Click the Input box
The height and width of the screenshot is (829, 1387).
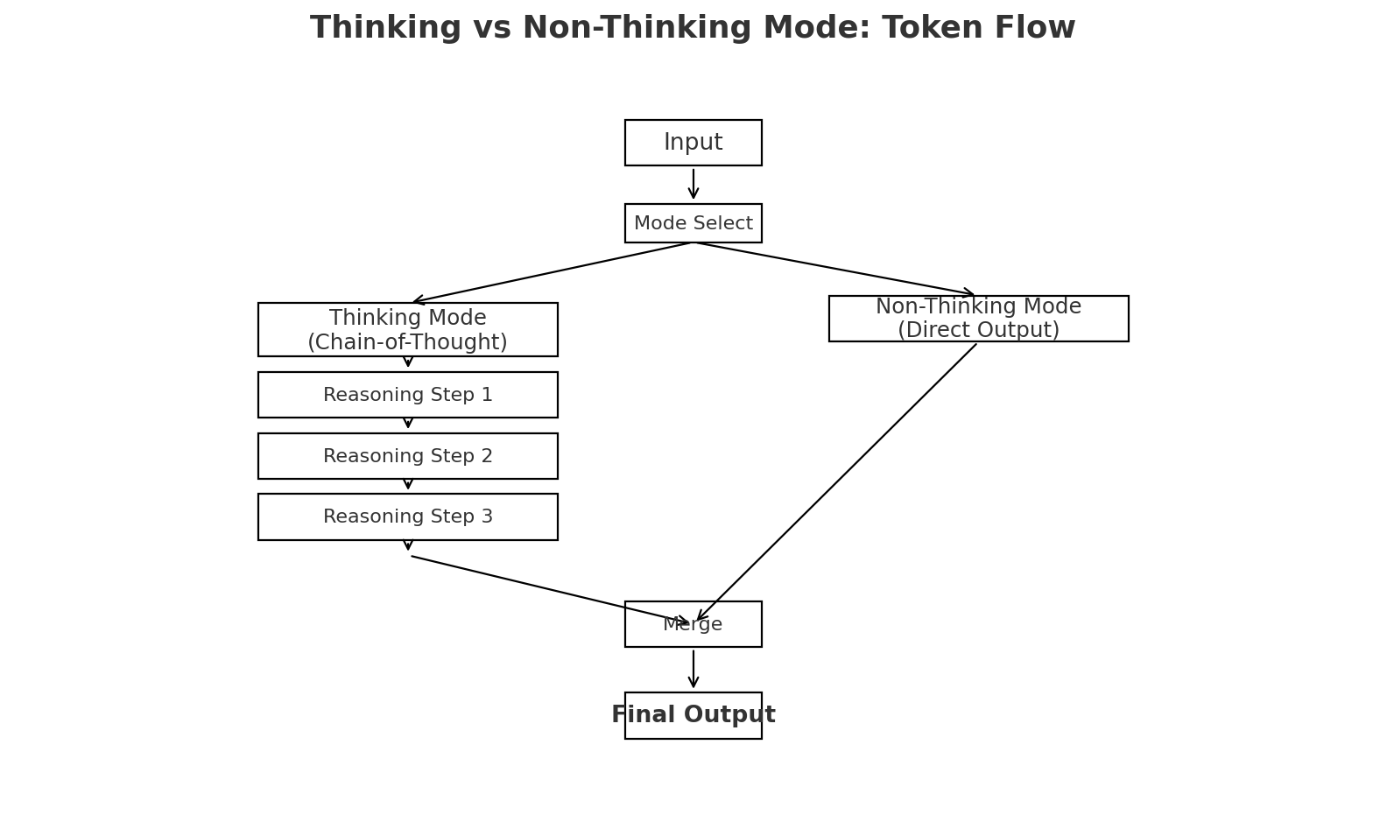click(693, 143)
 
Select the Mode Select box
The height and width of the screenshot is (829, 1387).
click(693, 223)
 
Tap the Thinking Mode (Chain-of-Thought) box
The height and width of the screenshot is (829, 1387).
click(407, 329)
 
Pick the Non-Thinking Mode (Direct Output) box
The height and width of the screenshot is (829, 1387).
click(978, 319)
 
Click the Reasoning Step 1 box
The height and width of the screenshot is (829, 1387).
click(407, 395)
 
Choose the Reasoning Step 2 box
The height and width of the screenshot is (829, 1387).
click(407, 456)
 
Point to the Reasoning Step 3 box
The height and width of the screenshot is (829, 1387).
click(407, 516)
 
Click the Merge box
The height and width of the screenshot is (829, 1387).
click(693, 624)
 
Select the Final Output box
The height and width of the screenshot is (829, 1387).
click(693, 715)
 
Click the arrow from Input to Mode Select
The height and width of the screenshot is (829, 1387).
click(693, 184)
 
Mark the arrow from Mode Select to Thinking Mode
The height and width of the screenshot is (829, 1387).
click(552, 272)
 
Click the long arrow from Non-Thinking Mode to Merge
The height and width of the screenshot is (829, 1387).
click(836, 482)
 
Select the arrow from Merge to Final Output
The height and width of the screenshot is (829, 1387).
click(693, 669)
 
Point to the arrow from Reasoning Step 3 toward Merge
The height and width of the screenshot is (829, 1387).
click(550, 590)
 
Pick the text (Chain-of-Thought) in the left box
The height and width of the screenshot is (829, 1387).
click(407, 342)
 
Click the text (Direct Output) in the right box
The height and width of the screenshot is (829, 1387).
click(978, 330)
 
